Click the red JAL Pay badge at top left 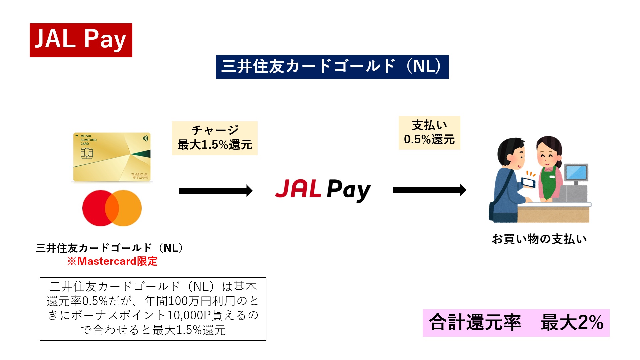point(81,40)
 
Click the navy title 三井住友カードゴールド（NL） point(332,67)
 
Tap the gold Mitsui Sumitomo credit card point(112,157)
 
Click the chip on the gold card point(87,153)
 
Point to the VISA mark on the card point(140,176)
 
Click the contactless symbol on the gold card point(145,138)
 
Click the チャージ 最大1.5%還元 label point(215,138)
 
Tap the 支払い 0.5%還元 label point(429,133)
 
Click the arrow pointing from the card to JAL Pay point(215,191)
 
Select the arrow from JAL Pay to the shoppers point(429,190)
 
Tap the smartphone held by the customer point(528,182)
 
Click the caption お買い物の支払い point(539,239)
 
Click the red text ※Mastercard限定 point(112,261)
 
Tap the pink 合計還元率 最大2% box point(516,323)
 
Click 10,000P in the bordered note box point(188,315)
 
